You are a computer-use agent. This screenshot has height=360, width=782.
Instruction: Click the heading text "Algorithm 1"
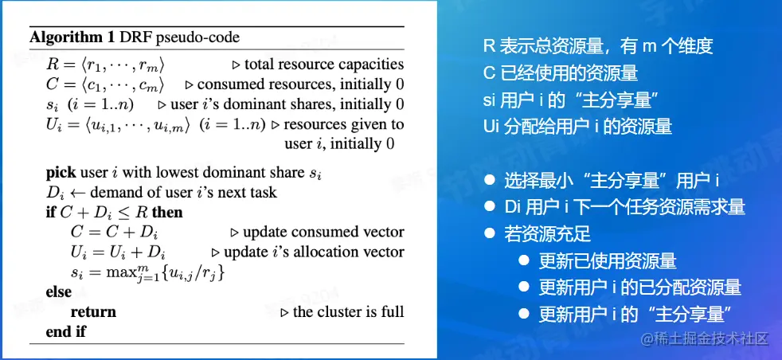[x=72, y=37]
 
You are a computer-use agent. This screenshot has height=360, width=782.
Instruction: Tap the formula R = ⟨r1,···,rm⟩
[x=105, y=65]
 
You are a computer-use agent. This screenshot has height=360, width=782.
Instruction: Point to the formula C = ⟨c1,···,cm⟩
[x=105, y=84]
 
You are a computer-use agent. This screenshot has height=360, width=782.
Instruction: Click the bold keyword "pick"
[x=61, y=173]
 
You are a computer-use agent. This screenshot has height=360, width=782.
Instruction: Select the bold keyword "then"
[x=167, y=213]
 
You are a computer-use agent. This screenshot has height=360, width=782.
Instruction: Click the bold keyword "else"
[x=59, y=292]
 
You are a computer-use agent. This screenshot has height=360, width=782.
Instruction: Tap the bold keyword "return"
[x=93, y=312]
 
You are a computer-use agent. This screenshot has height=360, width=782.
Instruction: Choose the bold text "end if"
[x=66, y=331]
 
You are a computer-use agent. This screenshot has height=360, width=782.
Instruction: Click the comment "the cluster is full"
[x=348, y=312]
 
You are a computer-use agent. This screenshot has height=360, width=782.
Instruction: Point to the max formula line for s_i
[x=147, y=272]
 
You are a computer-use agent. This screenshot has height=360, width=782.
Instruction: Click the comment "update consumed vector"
[x=323, y=233]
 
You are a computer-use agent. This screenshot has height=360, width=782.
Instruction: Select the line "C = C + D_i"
[x=114, y=233]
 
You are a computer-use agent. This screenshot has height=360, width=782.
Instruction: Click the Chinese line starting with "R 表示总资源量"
[x=598, y=46]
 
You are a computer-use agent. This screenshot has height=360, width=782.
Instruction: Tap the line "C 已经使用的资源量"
[x=561, y=73]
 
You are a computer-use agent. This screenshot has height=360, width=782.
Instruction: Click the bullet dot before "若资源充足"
[x=491, y=233]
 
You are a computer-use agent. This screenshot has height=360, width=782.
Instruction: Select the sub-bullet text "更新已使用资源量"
[x=608, y=260]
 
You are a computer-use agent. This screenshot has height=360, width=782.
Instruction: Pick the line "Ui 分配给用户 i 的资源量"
[x=577, y=126]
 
